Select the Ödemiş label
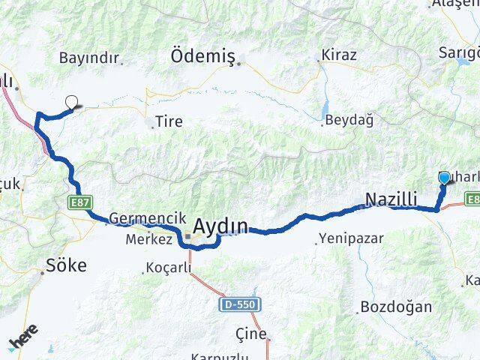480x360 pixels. click(x=203, y=57)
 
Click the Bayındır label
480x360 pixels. click(x=89, y=58)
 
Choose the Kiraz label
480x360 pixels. click(x=338, y=55)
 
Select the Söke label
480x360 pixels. click(x=67, y=265)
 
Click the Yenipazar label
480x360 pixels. click(x=351, y=238)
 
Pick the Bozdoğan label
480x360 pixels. click(x=396, y=307)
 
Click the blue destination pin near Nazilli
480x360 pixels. click(x=444, y=178)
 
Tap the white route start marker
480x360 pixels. click(x=72, y=103)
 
